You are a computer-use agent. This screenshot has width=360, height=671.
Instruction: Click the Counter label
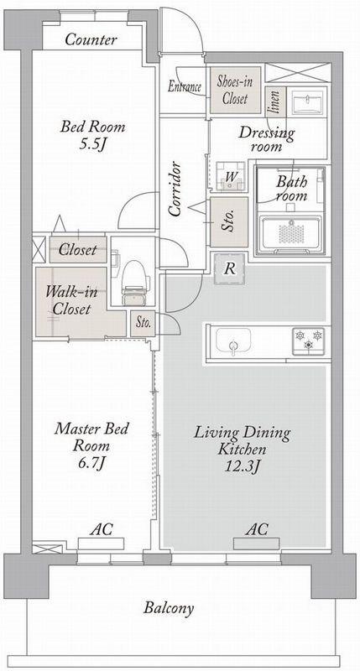(x=91, y=39)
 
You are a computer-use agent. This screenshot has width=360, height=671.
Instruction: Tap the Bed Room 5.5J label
(x=93, y=136)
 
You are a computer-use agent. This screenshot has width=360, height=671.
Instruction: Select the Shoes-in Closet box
(x=235, y=90)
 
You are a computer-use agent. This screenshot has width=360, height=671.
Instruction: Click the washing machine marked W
(x=230, y=176)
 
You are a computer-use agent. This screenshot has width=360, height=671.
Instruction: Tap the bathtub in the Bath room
(x=290, y=233)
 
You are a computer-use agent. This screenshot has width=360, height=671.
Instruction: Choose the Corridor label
(x=175, y=188)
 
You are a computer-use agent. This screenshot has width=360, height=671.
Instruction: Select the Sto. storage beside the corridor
(x=229, y=221)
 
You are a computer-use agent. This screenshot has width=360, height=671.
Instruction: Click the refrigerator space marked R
(x=230, y=268)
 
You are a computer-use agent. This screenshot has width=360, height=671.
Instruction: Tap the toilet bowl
(x=133, y=282)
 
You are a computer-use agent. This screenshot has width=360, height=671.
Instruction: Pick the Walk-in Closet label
(x=71, y=300)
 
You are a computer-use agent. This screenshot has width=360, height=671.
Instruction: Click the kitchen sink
(x=233, y=341)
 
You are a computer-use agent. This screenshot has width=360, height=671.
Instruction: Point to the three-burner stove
(x=308, y=341)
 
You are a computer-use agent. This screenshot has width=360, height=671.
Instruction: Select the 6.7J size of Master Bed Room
(x=91, y=464)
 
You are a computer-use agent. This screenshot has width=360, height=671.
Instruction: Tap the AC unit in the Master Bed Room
(x=101, y=544)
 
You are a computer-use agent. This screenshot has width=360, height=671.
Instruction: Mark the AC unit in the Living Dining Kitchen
(x=257, y=544)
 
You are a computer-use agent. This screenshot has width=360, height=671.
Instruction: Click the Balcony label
(x=169, y=608)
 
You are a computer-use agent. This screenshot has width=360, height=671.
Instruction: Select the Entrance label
(x=184, y=87)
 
